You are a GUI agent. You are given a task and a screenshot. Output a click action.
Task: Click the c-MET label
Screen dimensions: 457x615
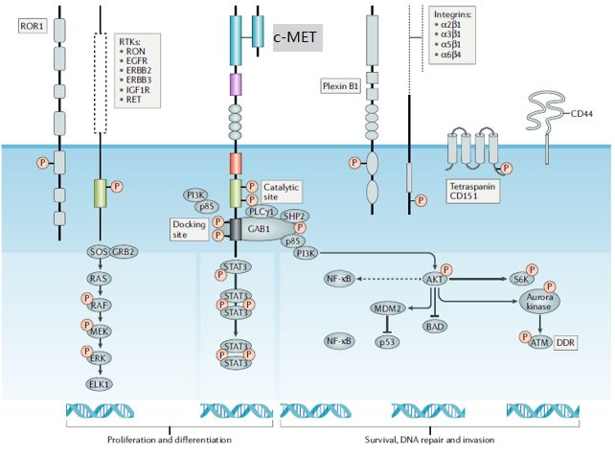pyautogui.click(x=296, y=37)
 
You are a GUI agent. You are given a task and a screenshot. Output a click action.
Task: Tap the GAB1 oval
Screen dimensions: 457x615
pyautogui.click(x=259, y=230)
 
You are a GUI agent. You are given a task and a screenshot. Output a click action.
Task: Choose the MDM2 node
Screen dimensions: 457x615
pyautogui.click(x=389, y=308)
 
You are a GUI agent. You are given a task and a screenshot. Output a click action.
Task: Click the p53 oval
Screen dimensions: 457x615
pyautogui.click(x=389, y=340)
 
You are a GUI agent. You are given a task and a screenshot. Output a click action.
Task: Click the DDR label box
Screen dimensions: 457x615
pyautogui.click(x=566, y=340)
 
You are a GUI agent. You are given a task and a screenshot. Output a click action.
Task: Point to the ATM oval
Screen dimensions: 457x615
pyautogui.click(x=537, y=340)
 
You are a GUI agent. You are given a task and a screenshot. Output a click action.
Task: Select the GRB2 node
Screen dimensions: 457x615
pyautogui.click(x=122, y=252)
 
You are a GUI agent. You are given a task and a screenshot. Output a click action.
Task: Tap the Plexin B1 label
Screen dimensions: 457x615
pyautogui.click(x=339, y=86)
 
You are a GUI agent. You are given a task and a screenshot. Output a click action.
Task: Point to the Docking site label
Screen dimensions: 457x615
pyautogui.click(x=189, y=228)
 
